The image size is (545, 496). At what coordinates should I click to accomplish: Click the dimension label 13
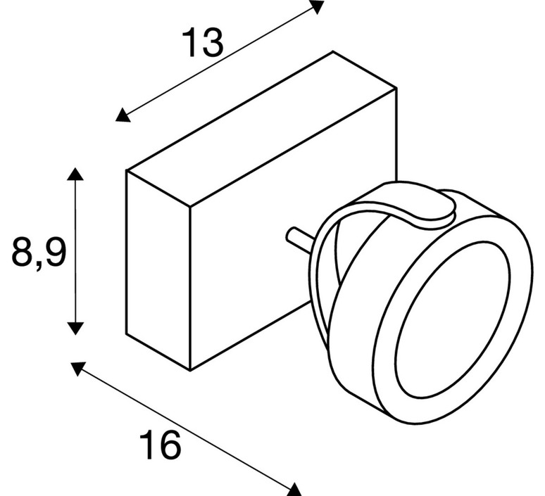202,43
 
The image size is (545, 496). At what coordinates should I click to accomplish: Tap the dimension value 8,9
39,251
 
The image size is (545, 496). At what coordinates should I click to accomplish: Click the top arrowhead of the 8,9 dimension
75,174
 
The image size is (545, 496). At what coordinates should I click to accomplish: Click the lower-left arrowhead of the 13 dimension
123,116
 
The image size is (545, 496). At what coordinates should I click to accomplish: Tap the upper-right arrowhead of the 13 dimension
317,6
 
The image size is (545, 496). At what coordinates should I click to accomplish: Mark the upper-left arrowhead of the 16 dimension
78,369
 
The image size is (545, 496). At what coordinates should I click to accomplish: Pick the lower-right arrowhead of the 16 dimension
294,490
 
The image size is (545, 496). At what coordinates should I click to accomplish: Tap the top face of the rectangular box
261,129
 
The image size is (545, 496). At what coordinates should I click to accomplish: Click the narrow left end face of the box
158,270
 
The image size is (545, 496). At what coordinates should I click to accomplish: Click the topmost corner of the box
333,51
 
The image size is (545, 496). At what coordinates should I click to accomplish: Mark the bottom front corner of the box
190,371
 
